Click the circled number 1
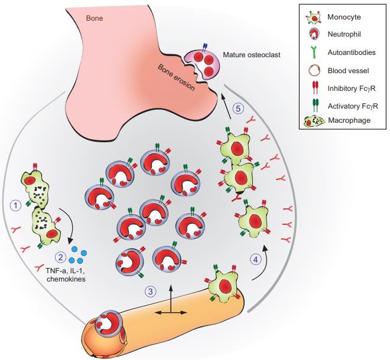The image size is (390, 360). pyautogui.click(x=17, y=205)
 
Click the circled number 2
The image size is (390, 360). pyautogui.click(x=60, y=257)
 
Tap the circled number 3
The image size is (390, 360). pyautogui.click(x=151, y=291)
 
